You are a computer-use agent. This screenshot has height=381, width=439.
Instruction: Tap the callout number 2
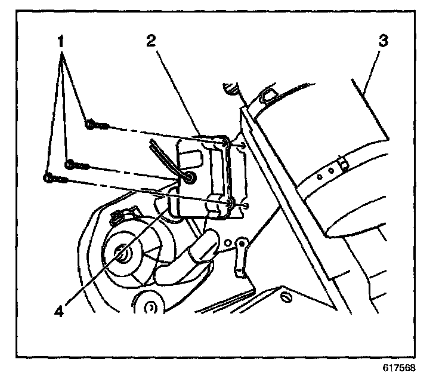151,42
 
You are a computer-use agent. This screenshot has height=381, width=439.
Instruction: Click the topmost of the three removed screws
97,124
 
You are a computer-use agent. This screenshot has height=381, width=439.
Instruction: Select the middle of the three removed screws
78,164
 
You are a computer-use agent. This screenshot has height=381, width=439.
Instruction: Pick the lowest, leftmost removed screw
56,177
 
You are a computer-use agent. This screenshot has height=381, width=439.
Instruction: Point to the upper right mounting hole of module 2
224,143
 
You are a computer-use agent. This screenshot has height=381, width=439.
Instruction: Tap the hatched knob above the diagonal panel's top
231,89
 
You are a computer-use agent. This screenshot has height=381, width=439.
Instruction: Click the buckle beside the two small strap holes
342,162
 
